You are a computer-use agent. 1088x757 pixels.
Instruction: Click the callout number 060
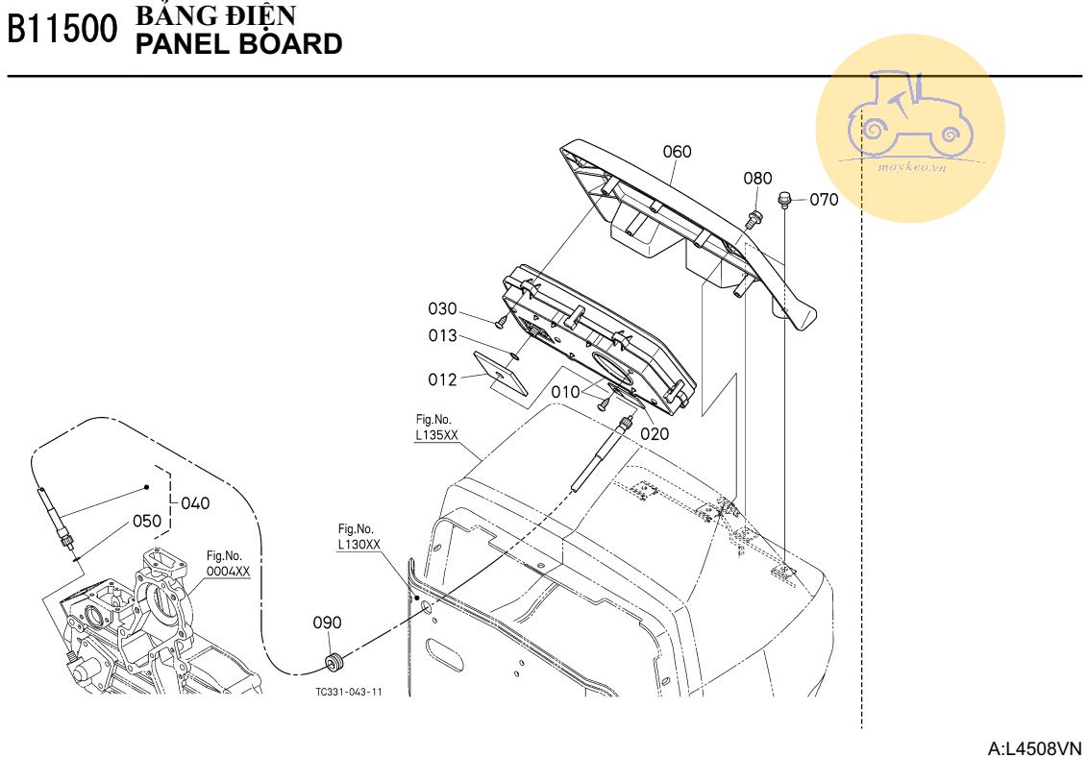tap(677, 152)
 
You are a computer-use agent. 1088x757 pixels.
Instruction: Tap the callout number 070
tap(824, 200)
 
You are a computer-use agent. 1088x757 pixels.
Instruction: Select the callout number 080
tap(757, 178)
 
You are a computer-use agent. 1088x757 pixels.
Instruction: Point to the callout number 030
tap(442, 308)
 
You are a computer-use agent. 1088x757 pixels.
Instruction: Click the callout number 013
tap(442, 335)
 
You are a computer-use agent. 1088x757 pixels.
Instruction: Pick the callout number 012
tap(442, 379)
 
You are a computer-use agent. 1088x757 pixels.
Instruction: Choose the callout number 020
tap(655, 434)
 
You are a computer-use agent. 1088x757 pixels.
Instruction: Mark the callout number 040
tap(195, 503)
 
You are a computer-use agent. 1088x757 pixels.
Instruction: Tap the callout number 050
tap(146, 521)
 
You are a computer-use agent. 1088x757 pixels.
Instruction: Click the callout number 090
tap(327, 623)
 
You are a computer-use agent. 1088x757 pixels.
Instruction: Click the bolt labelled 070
tap(785, 200)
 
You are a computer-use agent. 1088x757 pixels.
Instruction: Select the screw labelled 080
tap(754, 220)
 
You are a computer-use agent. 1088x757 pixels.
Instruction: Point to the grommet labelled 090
tap(335, 662)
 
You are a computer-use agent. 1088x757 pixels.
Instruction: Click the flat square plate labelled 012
tap(501, 373)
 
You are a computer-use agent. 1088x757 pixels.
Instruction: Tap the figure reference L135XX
tap(436, 434)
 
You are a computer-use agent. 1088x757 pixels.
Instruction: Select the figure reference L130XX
tap(359, 544)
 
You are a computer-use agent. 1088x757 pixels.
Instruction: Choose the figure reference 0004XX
tap(228, 571)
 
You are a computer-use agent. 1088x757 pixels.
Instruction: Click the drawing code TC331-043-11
tap(348, 692)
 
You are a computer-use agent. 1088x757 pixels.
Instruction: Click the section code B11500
tap(62, 30)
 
